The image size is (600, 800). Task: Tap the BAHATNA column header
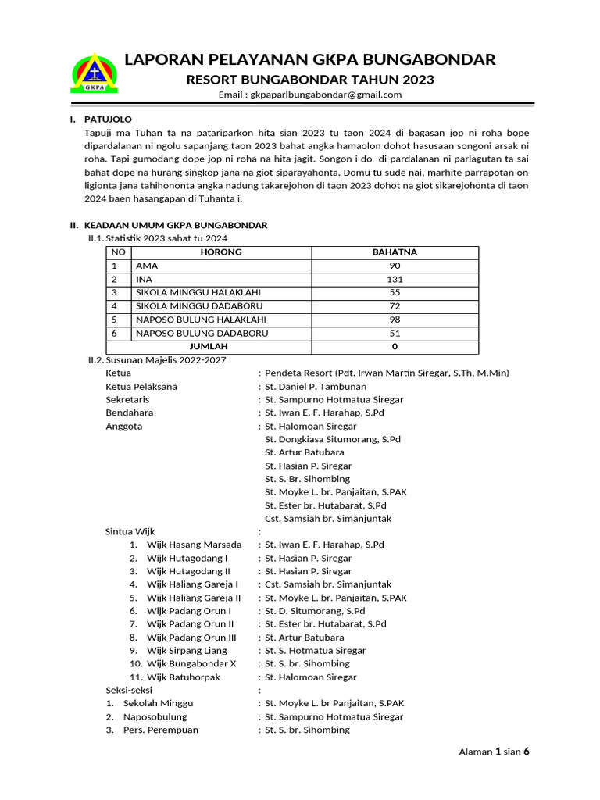tap(395, 252)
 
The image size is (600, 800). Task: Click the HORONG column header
tap(221, 252)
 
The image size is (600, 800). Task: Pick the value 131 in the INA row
tap(395, 279)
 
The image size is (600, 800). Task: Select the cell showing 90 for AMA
tap(395, 266)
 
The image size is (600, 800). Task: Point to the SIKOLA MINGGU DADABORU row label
tap(199, 305)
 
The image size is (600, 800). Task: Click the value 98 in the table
tap(395, 320)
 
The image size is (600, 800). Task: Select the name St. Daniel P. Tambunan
tap(316, 386)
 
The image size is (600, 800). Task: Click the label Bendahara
tap(130, 412)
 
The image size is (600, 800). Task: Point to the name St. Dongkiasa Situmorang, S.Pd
tap(333, 440)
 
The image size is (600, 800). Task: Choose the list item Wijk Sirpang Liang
tap(187, 650)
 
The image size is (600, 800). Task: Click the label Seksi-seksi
tap(130, 691)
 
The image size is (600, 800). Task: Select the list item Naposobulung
tap(155, 716)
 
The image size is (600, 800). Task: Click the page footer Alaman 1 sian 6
tap(494, 752)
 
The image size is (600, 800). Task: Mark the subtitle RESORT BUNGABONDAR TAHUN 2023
tap(309, 80)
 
